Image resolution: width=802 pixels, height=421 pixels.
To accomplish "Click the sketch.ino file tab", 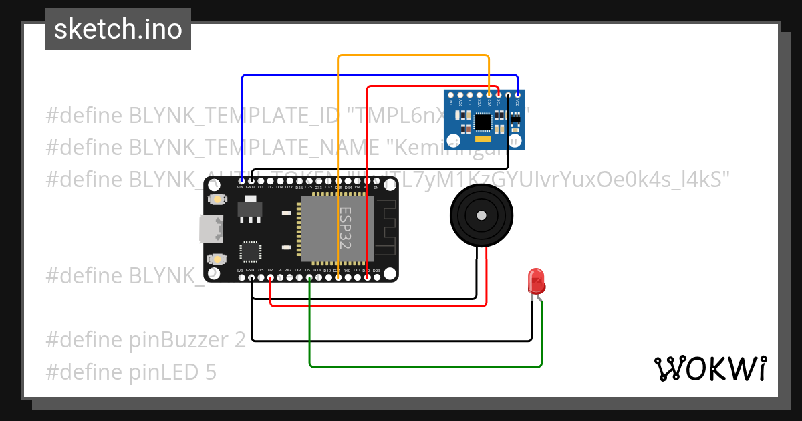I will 118,29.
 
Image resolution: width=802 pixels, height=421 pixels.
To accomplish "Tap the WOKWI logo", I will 710,368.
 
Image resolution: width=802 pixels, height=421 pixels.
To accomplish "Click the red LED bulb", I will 536,281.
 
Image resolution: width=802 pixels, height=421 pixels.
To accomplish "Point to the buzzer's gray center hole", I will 481,215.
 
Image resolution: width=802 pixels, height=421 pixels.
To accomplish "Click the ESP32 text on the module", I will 345,227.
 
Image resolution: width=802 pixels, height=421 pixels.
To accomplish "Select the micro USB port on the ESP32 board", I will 210,229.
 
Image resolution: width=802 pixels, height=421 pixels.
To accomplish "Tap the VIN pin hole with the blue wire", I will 241,181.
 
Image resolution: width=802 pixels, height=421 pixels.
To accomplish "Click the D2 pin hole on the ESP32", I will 270,277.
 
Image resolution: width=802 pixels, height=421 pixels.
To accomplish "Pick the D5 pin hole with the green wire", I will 309,277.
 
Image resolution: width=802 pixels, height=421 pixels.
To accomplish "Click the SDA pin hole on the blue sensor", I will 489,96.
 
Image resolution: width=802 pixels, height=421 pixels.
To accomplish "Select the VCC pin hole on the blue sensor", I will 518,96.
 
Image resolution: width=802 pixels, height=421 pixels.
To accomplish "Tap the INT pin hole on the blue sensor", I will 451,96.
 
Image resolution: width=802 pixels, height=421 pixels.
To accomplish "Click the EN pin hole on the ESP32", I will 376,181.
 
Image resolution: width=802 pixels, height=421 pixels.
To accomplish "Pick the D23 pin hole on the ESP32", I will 376,277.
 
